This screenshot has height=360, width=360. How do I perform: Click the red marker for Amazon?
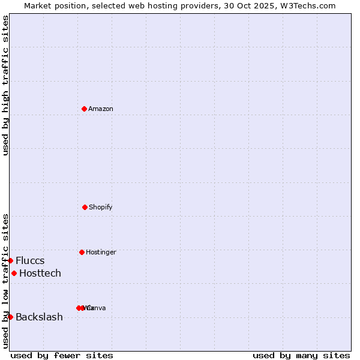(85, 109)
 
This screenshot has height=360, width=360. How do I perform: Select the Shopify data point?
(85, 207)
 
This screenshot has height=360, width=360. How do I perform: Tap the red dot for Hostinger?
(82, 252)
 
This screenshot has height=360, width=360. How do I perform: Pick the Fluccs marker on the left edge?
(10, 260)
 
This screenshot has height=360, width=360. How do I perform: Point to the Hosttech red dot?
(14, 273)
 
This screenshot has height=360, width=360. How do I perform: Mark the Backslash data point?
(10, 317)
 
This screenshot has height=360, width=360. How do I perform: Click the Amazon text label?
(101, 109)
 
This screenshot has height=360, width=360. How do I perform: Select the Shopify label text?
(101, 207)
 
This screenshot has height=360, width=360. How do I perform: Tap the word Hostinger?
(101, 252)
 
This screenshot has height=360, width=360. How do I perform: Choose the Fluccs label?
(30, 260)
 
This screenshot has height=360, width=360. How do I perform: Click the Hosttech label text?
(40, 273)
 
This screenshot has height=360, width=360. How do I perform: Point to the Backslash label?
(39, 317)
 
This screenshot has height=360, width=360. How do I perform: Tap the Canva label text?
(97, 308)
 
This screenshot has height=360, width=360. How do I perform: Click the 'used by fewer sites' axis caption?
(62, 355)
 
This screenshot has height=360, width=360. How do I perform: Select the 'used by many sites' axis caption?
(301, 355)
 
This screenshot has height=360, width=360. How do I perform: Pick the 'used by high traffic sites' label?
(5, 85)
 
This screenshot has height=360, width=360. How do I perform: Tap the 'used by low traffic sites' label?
(5, 281)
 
